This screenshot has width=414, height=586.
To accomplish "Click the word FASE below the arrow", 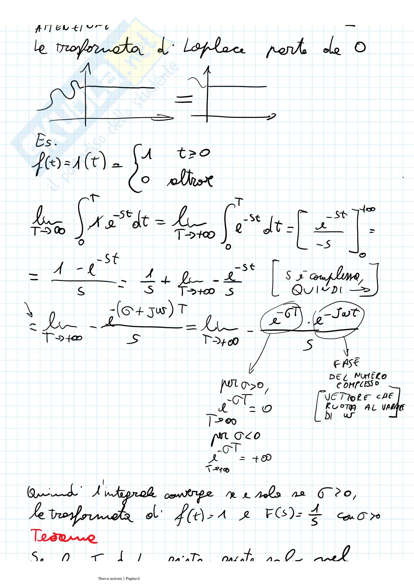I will [346, 363].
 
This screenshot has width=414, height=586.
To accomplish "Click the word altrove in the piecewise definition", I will [190, 180].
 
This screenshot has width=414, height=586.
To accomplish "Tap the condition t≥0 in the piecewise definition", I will [193, 153].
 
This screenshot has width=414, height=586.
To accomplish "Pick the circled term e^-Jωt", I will [339, 319].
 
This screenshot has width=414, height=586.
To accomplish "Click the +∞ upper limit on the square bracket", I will [367, 209].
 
